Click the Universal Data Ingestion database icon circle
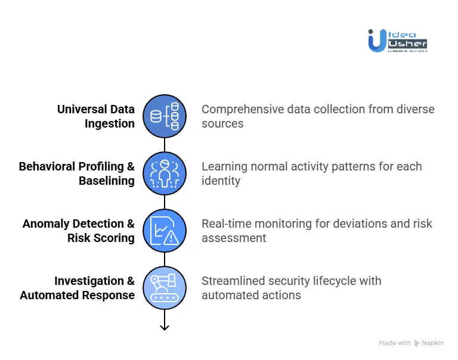(x=165, y=116)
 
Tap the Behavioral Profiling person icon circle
(x=165, y=173)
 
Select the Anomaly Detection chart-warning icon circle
(x=165, y=231)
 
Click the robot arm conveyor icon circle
(x=165, y=288)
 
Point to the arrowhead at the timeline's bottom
(x=165, y=326)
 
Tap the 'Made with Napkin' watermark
(x=411, y=343)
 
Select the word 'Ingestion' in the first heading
(x=109, y=124)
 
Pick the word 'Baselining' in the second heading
(x=107, y=181)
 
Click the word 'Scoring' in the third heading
(x=113, y=238)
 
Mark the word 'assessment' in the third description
(x=234, y=238)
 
